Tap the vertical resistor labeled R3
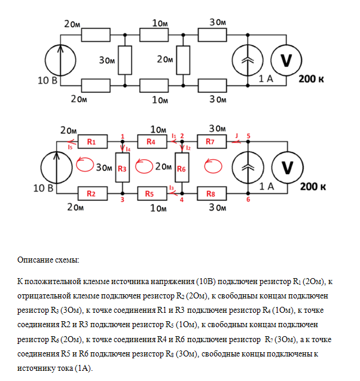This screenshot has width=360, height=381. tap(122, 169)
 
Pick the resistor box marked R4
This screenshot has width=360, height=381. tap(151, 142)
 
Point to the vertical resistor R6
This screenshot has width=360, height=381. tap(182, 169)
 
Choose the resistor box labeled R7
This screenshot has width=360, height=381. tap(210, 142)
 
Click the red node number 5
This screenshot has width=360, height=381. tap(249, 136)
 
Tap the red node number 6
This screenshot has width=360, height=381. tap(249, 199)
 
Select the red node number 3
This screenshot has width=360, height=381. tap(122, 199)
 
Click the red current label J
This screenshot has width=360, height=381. tap(236, 136)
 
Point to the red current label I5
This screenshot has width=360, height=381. tap(71, 147)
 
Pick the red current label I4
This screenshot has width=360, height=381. tap(128, 149)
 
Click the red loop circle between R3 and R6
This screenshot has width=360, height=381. tap(144, 167)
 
